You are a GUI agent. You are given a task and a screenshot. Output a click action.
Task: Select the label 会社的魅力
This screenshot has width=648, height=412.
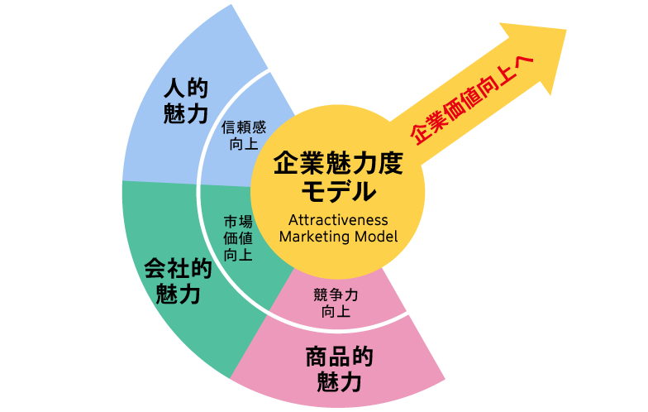click(x=178, y=281)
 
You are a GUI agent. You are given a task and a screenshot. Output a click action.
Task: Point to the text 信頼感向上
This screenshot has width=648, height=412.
click(x=244, y=136)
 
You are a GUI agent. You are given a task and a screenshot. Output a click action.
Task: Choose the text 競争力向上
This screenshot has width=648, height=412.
click(x=336, y=304)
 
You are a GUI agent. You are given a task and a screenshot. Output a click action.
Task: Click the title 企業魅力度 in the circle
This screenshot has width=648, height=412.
click(x=338, y=163)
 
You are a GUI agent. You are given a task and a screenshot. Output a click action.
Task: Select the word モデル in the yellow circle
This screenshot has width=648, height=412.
click(x=338, y=193)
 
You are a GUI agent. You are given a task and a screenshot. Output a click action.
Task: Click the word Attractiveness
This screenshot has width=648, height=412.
click(x=338, y=219)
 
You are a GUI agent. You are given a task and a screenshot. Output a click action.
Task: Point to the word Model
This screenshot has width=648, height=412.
click(x=376, y=237)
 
